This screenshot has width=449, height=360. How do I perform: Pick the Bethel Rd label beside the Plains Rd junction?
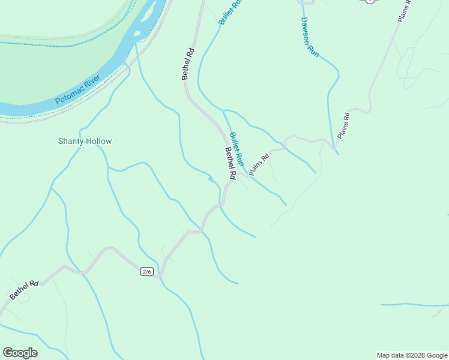tap(230, 163)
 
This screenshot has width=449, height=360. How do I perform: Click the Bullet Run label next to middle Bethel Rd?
tap(237, 149)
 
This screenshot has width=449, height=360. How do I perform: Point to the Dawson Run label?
tap(309, 37)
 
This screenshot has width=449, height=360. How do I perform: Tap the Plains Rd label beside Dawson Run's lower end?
tap(343, 125)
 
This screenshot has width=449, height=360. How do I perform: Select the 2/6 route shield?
tap(147, 272)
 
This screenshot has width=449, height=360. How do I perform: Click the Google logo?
tap(20, 353)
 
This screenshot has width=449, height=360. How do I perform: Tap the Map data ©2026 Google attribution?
tap(412, 355)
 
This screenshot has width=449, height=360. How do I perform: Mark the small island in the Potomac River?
tap(137, 33)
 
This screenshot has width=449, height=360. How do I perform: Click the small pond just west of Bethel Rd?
tap(210, 179)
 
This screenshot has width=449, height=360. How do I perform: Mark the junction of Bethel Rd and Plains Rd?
tap(239, 175)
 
